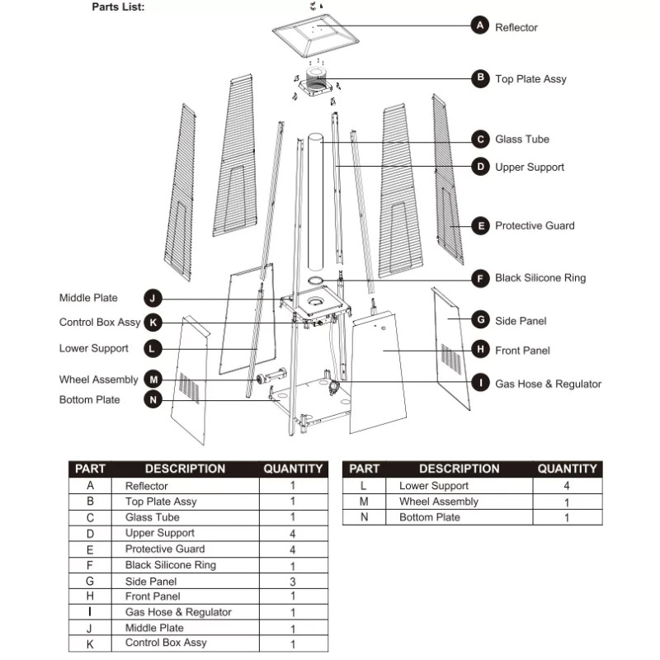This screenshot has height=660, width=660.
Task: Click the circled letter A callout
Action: coord(480,26)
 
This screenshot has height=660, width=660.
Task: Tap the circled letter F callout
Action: coord(480,277)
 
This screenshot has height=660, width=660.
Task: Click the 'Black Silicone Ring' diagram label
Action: coord(540,278)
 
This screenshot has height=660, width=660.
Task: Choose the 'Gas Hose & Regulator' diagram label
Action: coord(548,384)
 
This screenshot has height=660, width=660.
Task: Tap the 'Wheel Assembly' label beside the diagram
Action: coord(98,379)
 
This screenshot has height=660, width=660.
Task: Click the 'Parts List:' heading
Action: coord(118,7)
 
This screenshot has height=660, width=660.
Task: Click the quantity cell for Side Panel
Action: coord(292,581)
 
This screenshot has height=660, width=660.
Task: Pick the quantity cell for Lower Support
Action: coord(566,486)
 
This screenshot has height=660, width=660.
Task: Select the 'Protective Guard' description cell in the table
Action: coord(165,549)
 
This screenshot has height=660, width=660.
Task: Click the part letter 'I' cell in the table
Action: coord(90,612)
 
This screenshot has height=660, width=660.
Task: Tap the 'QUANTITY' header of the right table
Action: coord(566,469)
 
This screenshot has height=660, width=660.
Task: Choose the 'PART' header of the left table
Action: coord(90,469)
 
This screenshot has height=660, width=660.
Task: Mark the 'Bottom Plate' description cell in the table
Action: coord(429,517)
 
